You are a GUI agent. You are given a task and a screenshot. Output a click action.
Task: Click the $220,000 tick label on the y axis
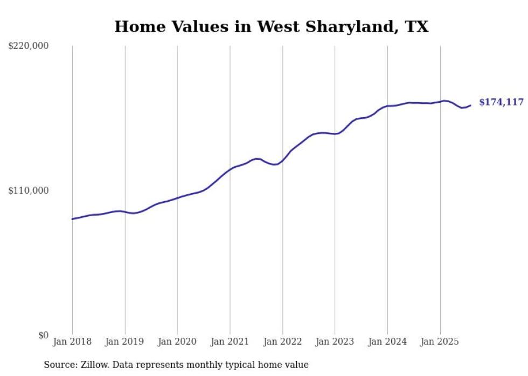[29, 46]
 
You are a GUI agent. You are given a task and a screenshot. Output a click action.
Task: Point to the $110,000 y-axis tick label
[29, 190]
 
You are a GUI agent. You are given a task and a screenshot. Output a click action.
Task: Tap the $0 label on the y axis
[43, 335]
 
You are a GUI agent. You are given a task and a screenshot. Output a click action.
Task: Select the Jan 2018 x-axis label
[72, 342]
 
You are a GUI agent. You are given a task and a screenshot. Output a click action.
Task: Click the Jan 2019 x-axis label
[125, 342]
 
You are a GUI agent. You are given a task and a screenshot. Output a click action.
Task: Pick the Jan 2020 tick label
[177, 342]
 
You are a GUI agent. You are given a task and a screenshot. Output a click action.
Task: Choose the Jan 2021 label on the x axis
[230, 342]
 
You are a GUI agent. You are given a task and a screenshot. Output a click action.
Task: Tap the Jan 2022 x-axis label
[282, 342]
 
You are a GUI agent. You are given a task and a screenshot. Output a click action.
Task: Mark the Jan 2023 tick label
[335, 342]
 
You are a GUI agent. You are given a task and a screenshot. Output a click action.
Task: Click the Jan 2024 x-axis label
[387, 342]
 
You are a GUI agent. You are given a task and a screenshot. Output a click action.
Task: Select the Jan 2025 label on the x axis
[440, 342]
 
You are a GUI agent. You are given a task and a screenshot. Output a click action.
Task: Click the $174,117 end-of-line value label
[501, 102]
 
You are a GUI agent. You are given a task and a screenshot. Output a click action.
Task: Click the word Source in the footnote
[59, 365]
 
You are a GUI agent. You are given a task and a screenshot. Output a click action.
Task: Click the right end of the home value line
[470, 105]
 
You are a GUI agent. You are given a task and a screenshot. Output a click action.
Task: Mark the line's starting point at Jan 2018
[72, 219]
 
